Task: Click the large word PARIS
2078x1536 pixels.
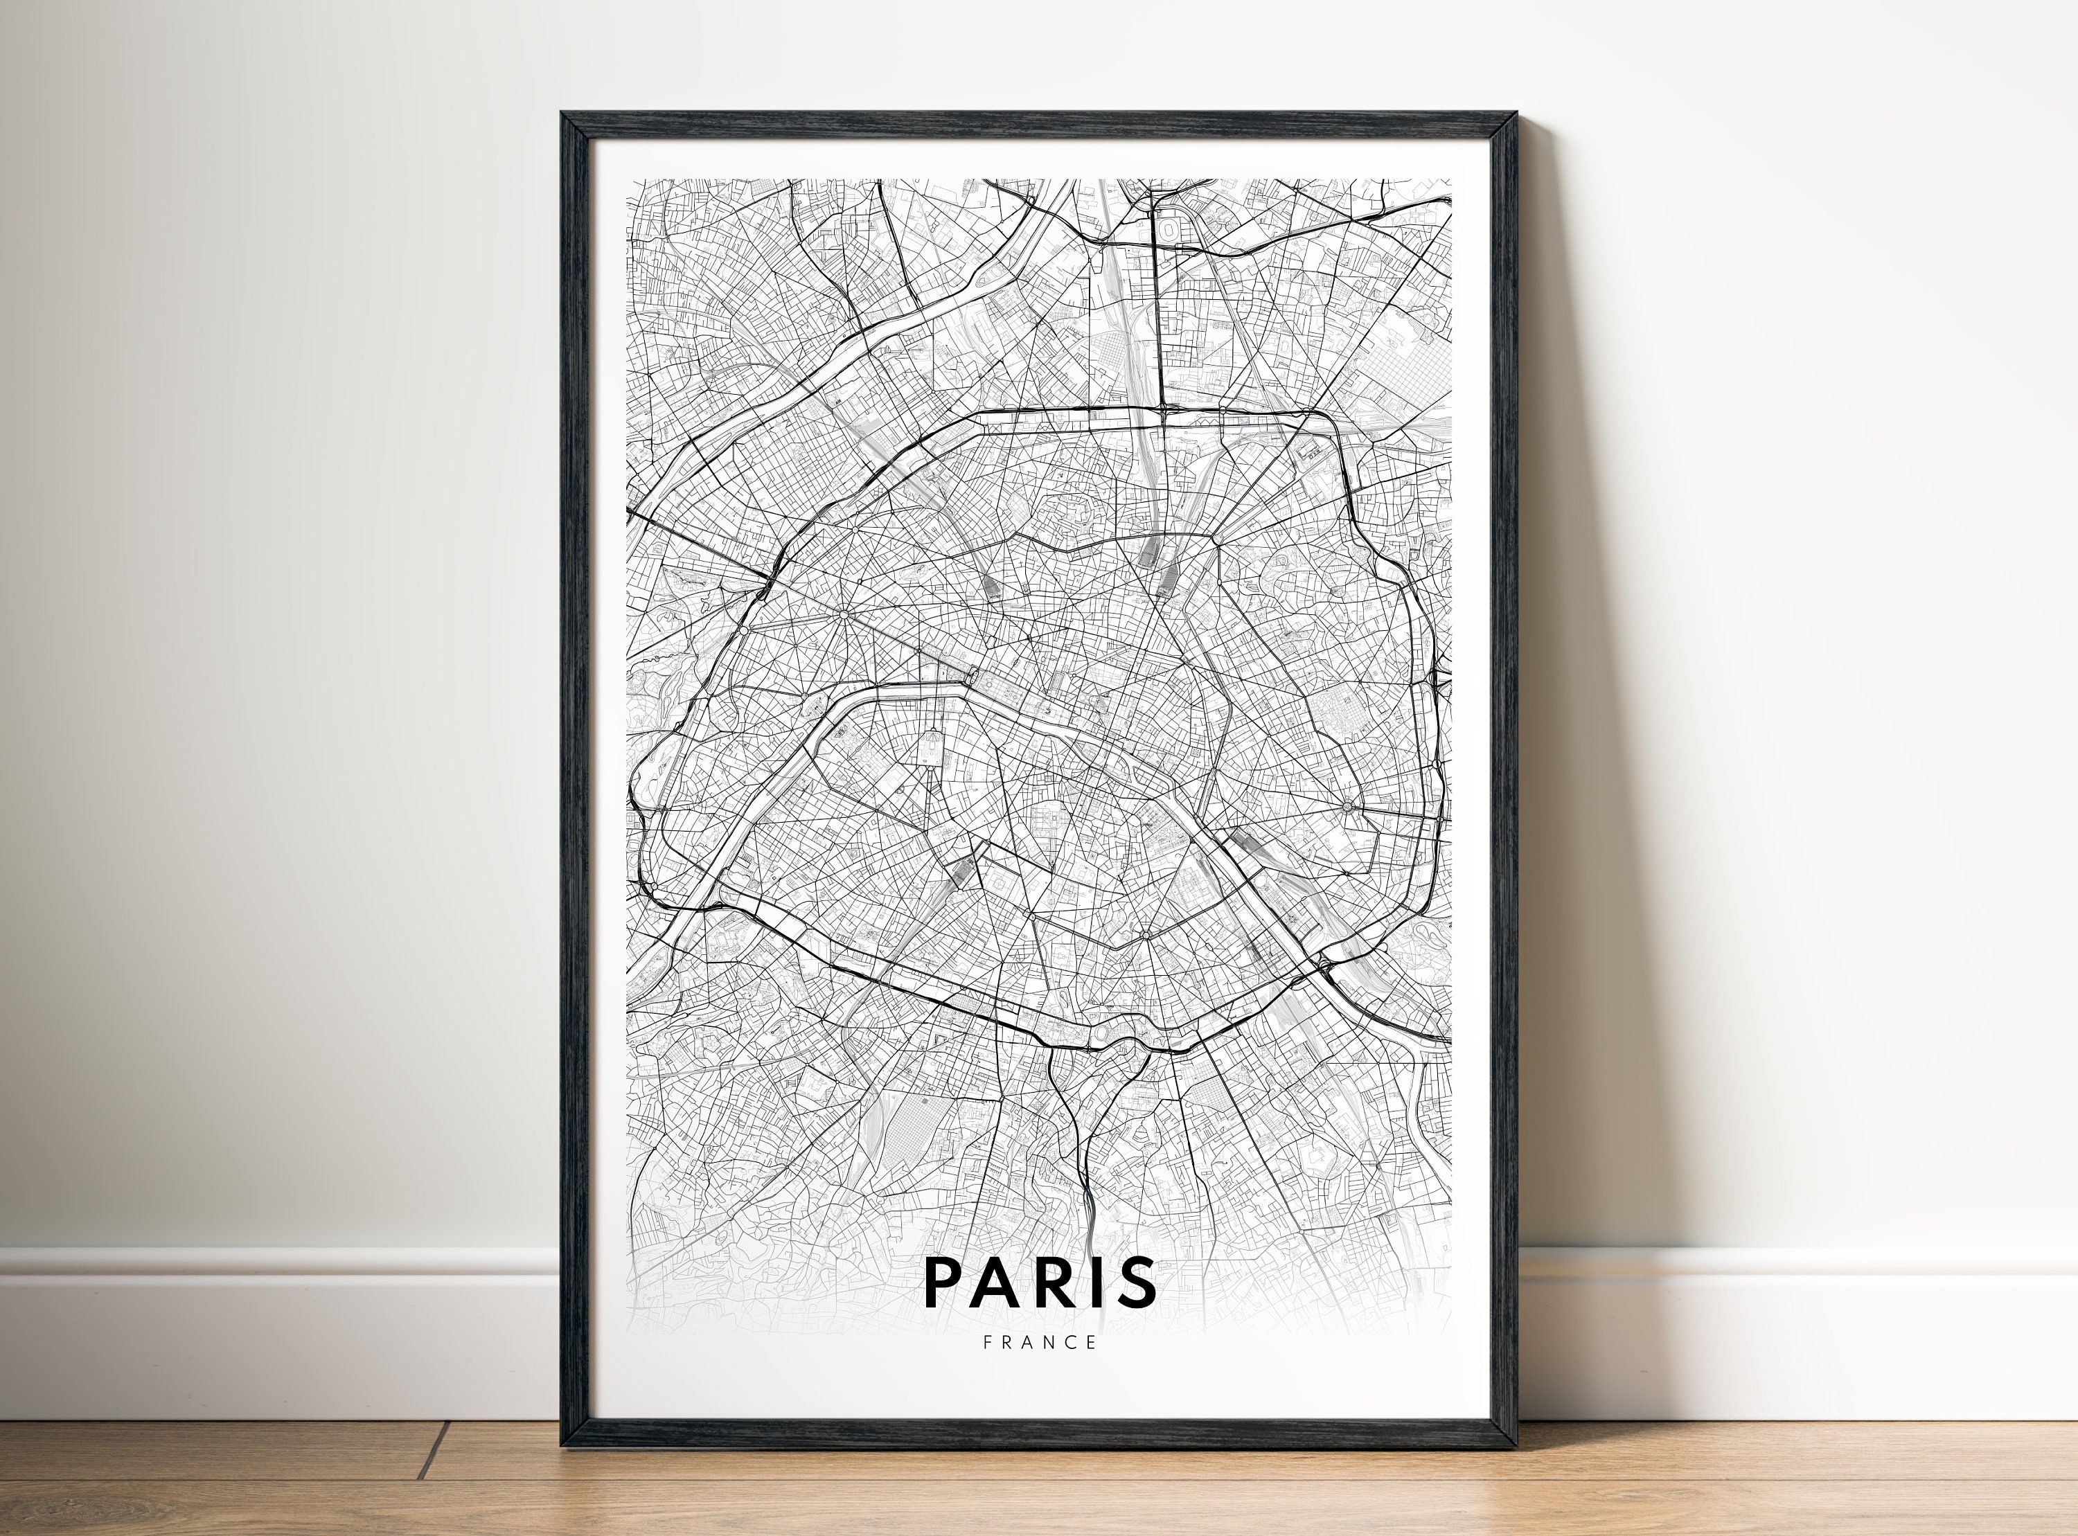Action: pyautogui.click(x=1040, y=1282)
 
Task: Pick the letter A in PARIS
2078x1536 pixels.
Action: pyautogui.click(x=994, y=1282)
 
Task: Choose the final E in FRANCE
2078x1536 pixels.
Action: pyautogui.click(x=1092, y=1341)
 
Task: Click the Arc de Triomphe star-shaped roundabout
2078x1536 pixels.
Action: pyautogui.click(x=842, y=614)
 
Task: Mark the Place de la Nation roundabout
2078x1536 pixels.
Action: pyautogui.click(x=1347, y=805)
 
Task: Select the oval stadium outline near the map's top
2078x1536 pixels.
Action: pyautogui.click(x=1166, y=226)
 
